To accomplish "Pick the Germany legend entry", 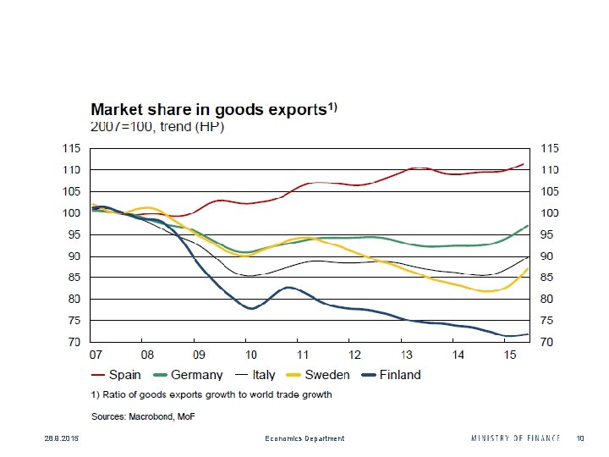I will click(187, 375).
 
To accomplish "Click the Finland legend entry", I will click(391, 375).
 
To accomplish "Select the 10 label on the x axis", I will click(250, 355).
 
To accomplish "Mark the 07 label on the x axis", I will click(96, 355).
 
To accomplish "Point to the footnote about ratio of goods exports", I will click(211, 394).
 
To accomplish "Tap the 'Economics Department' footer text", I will click(304, 438).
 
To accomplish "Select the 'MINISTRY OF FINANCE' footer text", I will click(516, 438).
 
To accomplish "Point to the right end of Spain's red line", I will click(524, 164).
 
